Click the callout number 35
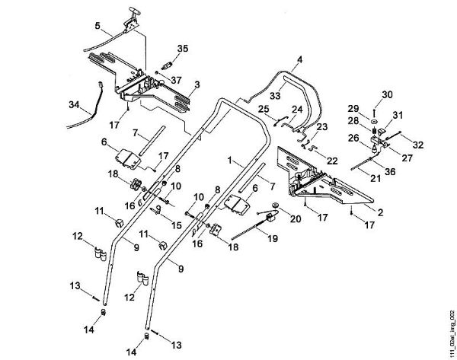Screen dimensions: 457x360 coord(183,49)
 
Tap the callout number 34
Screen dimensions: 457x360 coord(74,104)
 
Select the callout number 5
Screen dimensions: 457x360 coord(97,25)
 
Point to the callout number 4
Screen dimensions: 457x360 coord(299,59)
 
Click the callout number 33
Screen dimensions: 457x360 coord(275,95)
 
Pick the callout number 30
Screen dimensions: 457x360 coord(387,94)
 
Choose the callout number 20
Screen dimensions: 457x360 coord(295,218)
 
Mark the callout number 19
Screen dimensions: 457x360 coord(273,239)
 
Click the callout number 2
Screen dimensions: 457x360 coord(380,212)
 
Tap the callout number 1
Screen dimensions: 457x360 coord(230,160)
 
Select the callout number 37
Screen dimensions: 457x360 coord(176,80)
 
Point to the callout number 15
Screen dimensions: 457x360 coord(176,225)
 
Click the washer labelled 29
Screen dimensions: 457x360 coord(374,120)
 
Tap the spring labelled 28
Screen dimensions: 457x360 coord(374,128)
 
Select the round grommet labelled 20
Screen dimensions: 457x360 coord(274,205)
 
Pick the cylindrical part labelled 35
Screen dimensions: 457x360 coord(166,65)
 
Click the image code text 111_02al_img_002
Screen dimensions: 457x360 coord(452,333)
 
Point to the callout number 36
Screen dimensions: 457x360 coord(390,171)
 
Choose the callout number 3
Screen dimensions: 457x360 coord(197,84)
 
